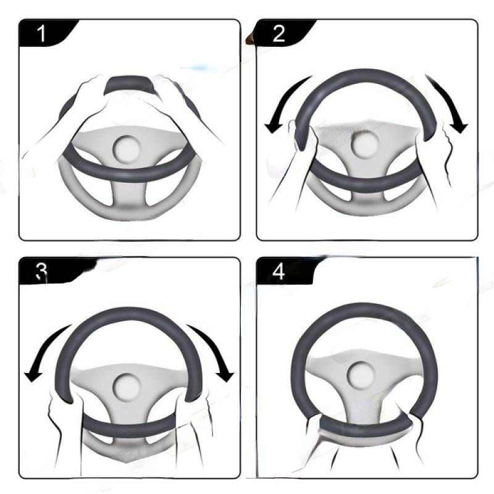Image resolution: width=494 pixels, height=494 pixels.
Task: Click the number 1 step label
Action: click(x=41, y=33)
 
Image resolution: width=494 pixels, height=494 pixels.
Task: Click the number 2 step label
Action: click(x=278, y=33)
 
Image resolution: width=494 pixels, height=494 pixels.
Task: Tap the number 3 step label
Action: click(x=41, y=272)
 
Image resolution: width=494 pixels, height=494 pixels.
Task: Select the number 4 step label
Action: click(x=278, y=272)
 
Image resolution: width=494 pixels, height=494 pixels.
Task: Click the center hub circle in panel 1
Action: click(x=127, y=149)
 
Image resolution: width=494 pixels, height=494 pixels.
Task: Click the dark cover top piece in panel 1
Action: click(x=130, y=85)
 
